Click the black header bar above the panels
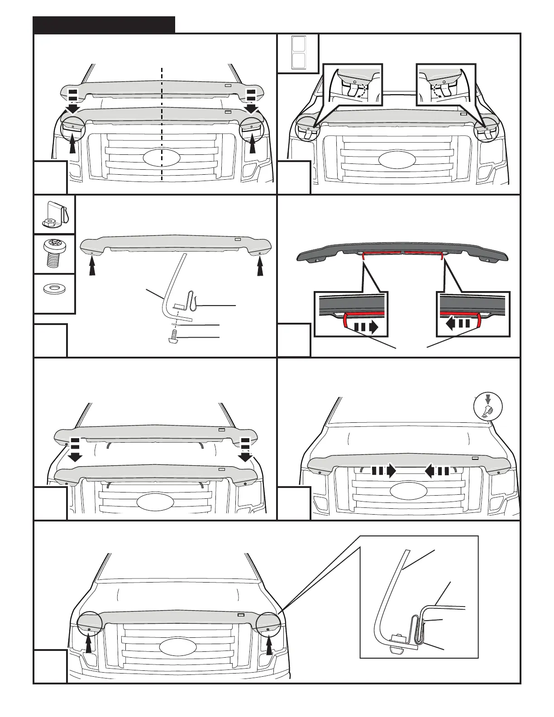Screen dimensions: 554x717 pos(104,25)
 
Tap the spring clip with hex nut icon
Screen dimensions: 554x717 pos(54,215)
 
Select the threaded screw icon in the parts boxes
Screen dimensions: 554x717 pos(54,254)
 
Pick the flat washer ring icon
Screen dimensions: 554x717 pos(54,288)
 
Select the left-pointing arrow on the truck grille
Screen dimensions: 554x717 pos(437,471)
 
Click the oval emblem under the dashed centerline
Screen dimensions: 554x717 pos(162,159)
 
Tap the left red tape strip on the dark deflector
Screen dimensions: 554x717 pos(381,253)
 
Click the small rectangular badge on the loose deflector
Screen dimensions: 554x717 pos(238,239)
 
